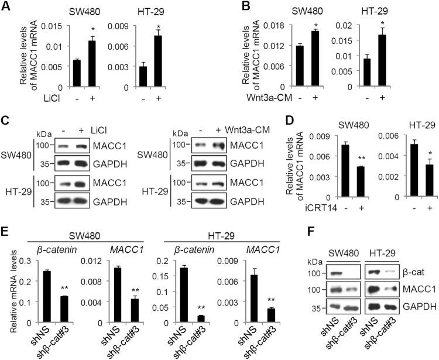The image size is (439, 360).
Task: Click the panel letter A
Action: point(8,7)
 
